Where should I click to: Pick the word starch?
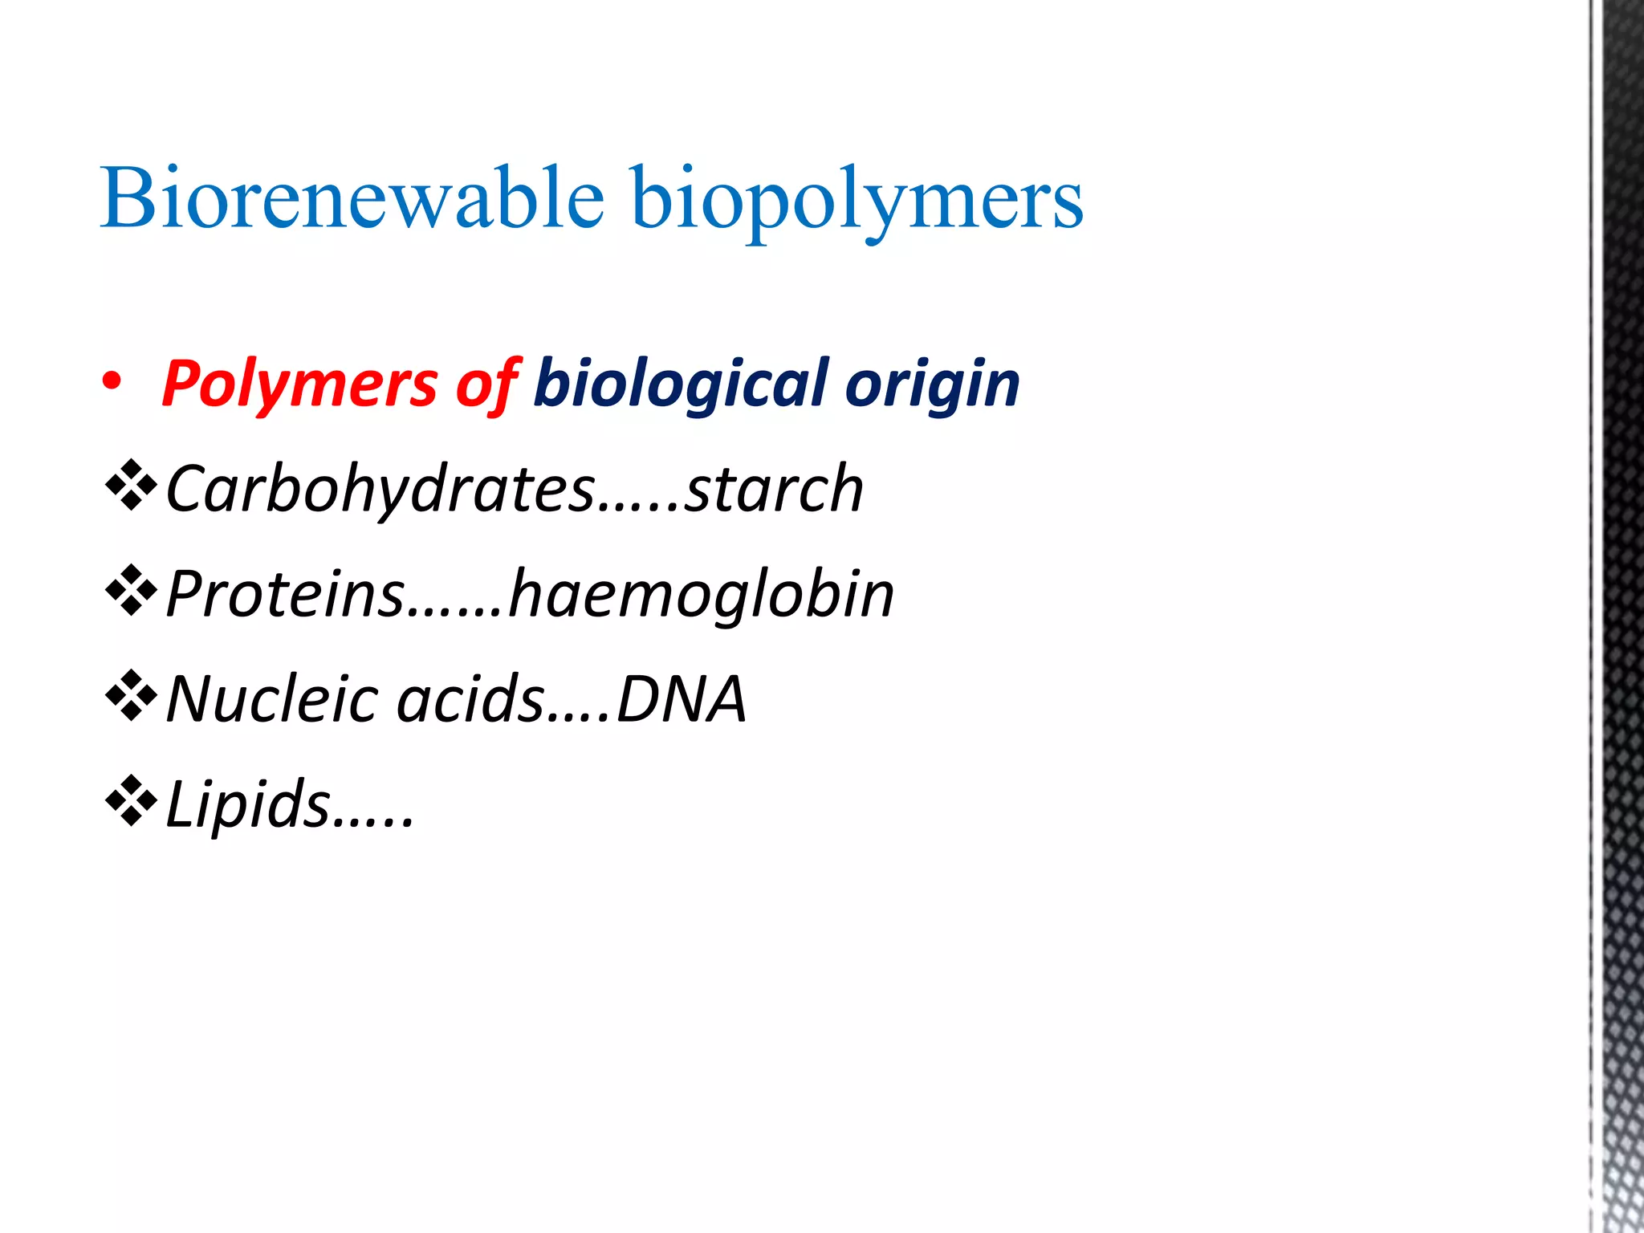774,489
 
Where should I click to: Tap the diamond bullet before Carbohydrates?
131,486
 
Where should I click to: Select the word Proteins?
285,594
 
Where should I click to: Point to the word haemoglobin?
702,594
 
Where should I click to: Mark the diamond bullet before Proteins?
131,592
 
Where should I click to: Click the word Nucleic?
272,699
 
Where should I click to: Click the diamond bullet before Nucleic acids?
131,697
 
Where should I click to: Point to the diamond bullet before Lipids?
131,802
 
